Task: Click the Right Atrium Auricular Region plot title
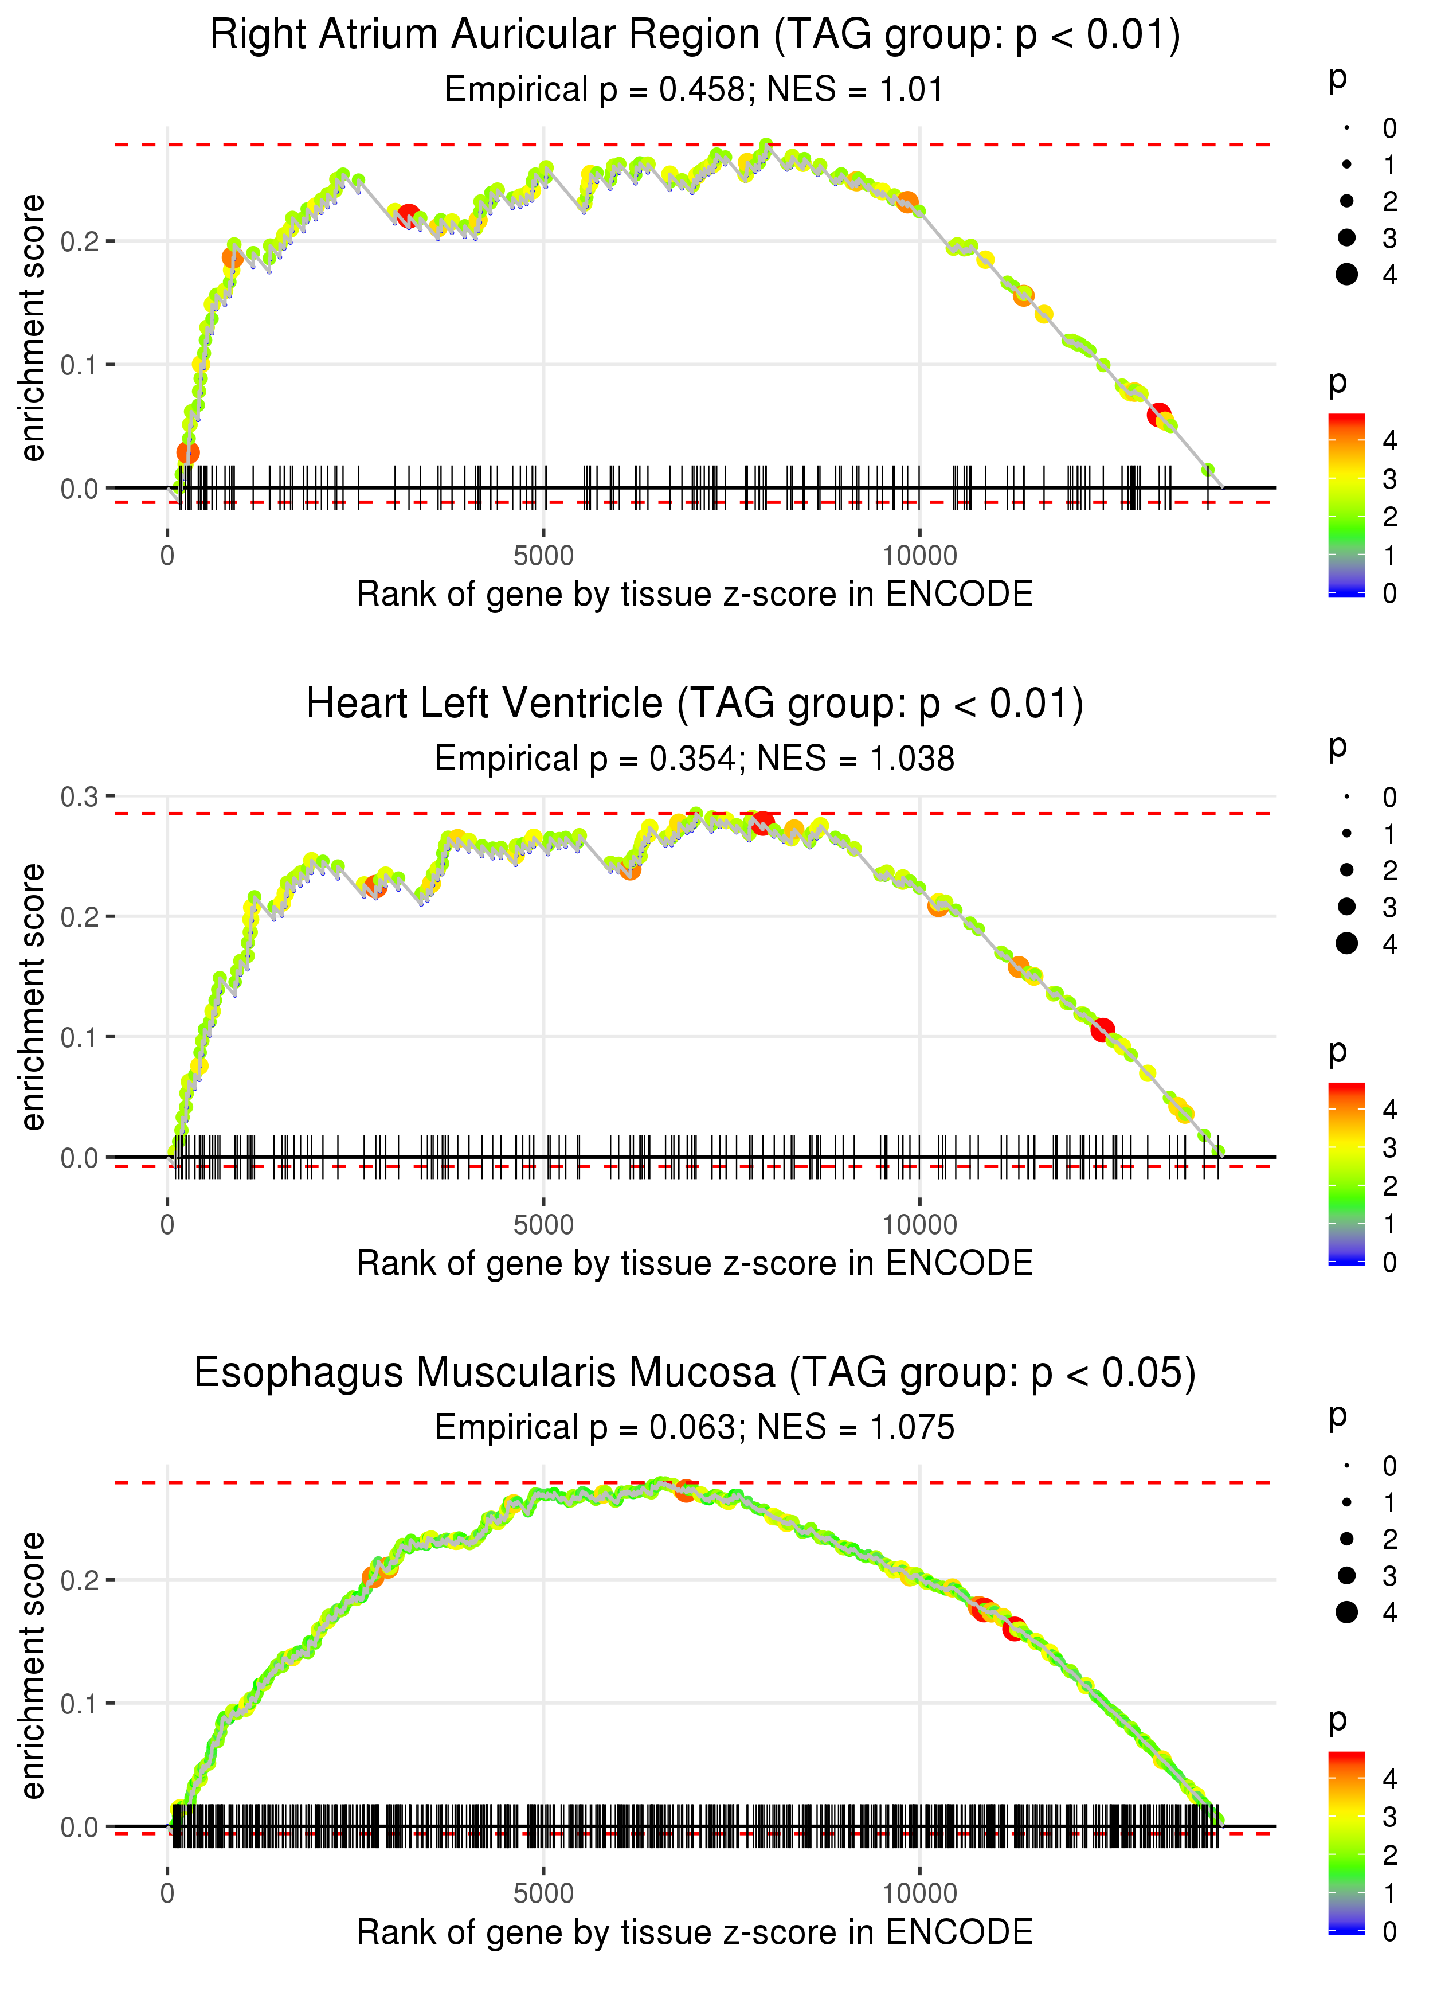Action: coord(695,36)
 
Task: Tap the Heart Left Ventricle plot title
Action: coord(695,704)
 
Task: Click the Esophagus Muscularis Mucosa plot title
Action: coord(695,1373)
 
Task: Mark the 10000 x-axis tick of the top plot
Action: coord(919,556)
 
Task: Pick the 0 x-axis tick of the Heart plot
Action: coord(167,1225)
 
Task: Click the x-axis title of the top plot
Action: coord(695,595)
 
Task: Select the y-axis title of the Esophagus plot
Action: coord(33,1666)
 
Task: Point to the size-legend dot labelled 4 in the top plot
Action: coord(1346,275)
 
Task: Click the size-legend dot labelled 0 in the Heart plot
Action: coord(1346,797)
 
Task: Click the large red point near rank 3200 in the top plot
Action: coord(409,216)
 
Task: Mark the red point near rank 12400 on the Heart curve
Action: coord(1102,1030)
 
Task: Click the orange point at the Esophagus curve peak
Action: coord(686,1491)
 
